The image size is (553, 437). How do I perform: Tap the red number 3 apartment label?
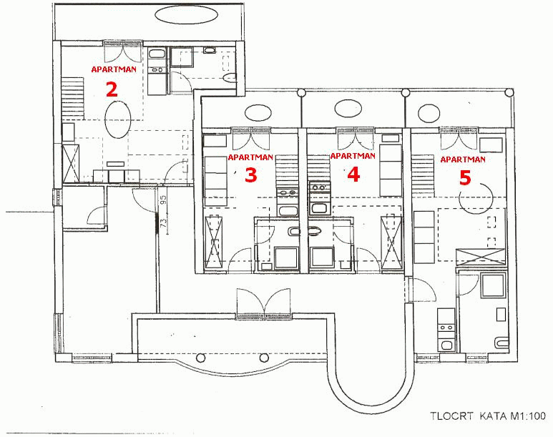[251, 175]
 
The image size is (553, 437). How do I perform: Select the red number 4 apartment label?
[353, 175]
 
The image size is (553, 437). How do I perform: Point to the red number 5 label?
[465, 178]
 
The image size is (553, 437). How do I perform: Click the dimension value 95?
[163, 202]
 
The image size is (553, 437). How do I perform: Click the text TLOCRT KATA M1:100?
[487, 416]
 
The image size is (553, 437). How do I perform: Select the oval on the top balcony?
[186, 15]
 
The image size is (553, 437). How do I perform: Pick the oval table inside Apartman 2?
[118, 119]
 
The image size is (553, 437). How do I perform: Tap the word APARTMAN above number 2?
[114, 69]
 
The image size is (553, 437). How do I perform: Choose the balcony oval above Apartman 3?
[258, 113]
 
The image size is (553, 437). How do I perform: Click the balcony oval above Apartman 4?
[348, 108]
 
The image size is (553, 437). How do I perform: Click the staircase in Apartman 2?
[73, 98]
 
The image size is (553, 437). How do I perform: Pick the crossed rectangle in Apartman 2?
[71, 162]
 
